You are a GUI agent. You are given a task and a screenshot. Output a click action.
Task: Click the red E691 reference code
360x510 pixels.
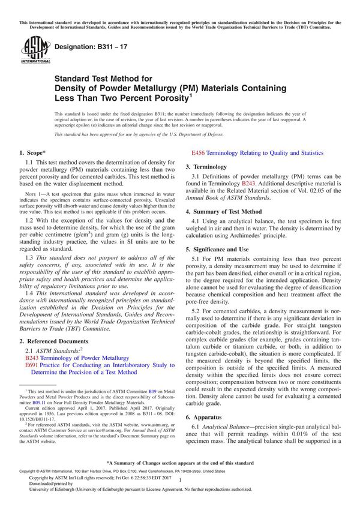(32, 364)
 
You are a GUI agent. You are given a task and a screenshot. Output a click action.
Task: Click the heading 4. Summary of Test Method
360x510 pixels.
(223, 211)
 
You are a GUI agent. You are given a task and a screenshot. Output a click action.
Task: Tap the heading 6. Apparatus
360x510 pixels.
(207, 416)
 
